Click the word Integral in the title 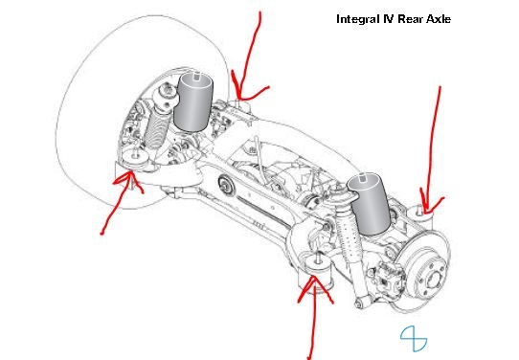[x=358, y=19]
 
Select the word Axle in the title [x=439, y=19]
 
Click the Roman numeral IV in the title [x=388, y=19]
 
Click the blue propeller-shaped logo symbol [x=414, y=339]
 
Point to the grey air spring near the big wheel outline [x=192, y=101]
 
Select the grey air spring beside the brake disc [x=370, y=205]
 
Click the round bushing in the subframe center [x=226, y=186]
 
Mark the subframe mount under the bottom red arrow [x=316, y=270]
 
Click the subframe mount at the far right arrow [x=419, y=217]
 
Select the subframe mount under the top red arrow [x=240, y=107]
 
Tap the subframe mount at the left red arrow [x=135, y=161]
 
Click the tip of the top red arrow [x=239, y=98]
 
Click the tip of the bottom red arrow [x=313, y=277]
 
